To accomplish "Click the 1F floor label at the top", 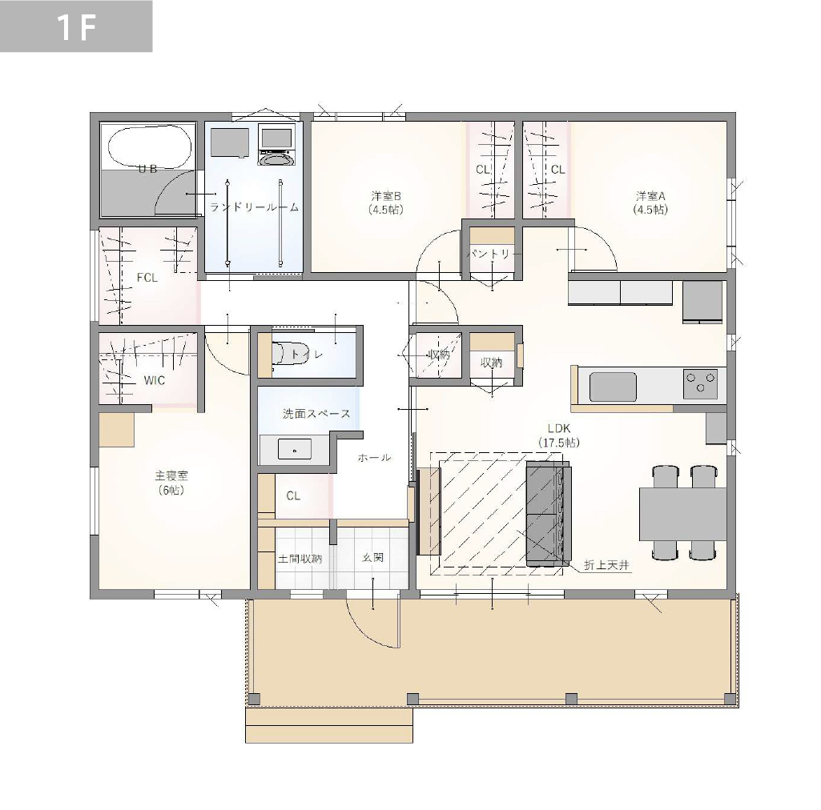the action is (x=76, y=26).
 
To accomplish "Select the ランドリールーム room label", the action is (x=254, y=207).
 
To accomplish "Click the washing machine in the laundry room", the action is (x=276, y=145).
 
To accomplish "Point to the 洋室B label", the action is (x=386, y=196).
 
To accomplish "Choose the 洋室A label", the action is (x=650, y=196).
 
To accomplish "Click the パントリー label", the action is (x=493, y=255).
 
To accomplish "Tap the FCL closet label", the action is (x=147, y=278).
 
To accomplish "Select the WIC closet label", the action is (x=155, y=380).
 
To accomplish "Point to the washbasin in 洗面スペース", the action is (x=294, y=449).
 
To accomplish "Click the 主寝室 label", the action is (x=171, y=475).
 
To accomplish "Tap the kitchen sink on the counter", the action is (x=613, y=387).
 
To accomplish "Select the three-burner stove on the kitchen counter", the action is (x=701, y=382).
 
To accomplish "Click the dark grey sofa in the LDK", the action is (x=548, y=513).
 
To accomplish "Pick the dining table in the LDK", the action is (x=682, y=514).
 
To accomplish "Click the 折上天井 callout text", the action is (x=606, y=565).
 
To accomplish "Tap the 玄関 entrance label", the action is (x=372, y=558).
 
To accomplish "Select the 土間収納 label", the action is (x=300, y=559).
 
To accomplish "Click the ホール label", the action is (x=374, y=458).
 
